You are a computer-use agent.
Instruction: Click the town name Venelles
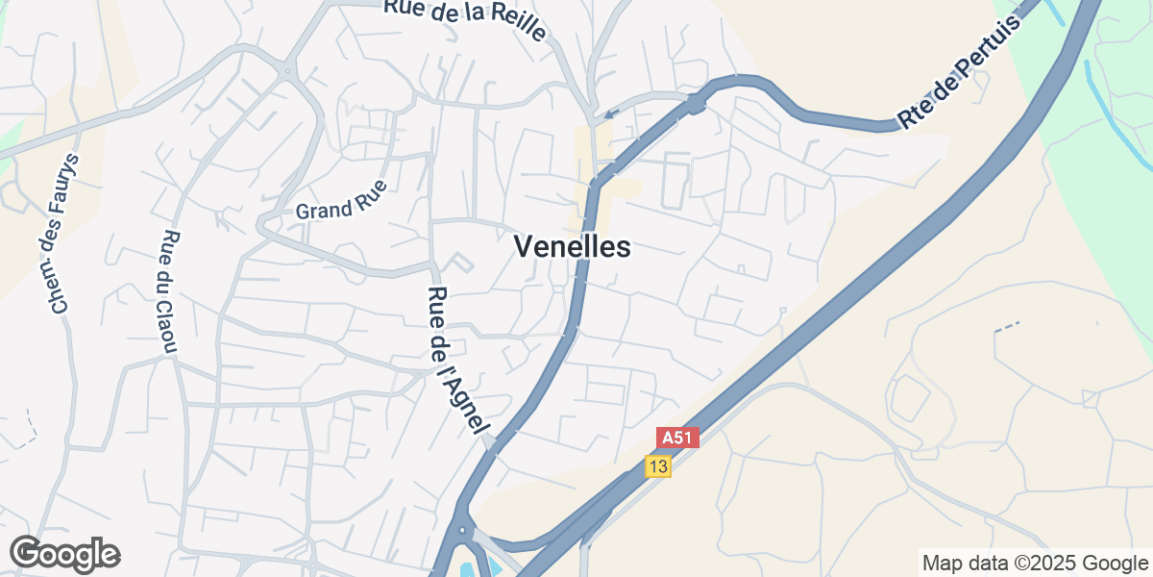[573, 247]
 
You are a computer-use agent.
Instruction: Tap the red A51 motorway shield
[677, 439]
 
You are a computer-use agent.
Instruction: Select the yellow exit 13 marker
[658, 466]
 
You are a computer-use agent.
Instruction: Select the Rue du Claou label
[171, 292]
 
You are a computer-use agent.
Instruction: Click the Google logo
[64, 554]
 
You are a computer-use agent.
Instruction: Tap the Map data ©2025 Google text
[1035, 563]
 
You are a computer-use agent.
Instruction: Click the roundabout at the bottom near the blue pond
[463, 529]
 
